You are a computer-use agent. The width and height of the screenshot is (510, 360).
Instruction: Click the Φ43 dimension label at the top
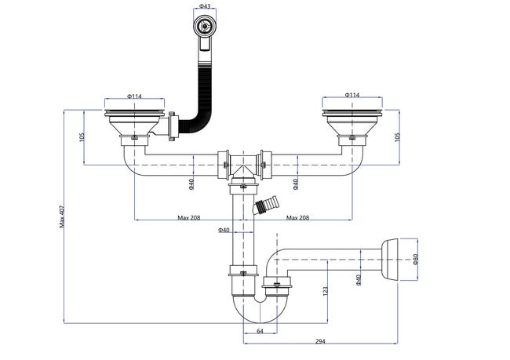(x=204, y=6)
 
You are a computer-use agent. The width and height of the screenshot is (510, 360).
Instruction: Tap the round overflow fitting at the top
(x=205, y=26)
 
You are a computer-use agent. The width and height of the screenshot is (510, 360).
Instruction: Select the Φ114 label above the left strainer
(x=134, y=96)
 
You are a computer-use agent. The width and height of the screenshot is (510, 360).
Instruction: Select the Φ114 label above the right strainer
(x=352, y=95)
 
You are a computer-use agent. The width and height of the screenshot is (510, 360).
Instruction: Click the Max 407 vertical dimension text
(x=62, y=216)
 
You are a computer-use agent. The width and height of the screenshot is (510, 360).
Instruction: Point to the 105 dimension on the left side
(x=82, y=137)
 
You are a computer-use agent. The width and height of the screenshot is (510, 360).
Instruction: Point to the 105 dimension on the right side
(x=397, y=137)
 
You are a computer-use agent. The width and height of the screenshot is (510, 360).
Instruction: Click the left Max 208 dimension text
(x=188, y=217)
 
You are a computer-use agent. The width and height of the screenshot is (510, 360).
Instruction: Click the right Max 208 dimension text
(x=297, y=217)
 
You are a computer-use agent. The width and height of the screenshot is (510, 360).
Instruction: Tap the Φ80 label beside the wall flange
(x=415, y=259)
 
